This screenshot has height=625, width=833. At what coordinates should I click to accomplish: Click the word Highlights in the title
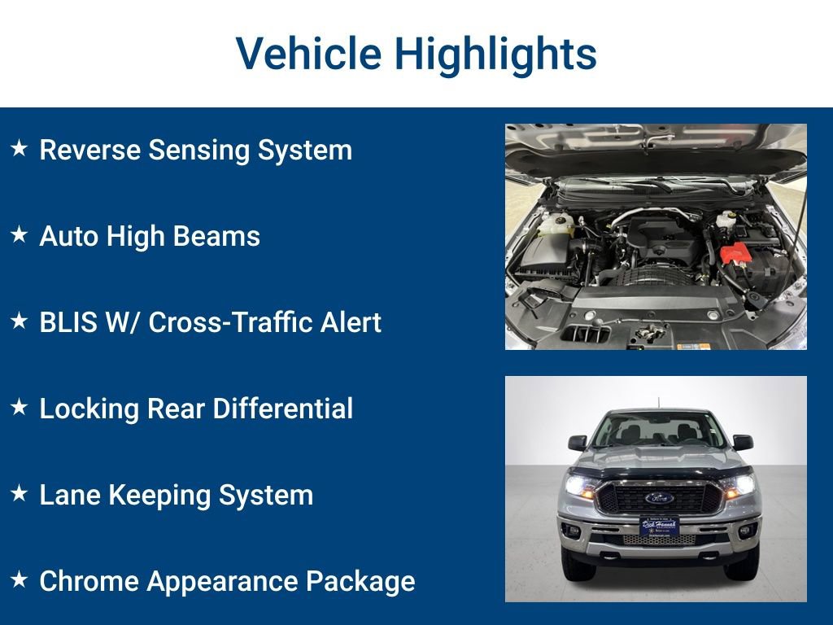[495, 55]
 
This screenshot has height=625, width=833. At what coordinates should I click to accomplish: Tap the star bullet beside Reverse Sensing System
[20, 149]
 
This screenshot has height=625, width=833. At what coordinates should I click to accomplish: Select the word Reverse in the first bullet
[89, 150]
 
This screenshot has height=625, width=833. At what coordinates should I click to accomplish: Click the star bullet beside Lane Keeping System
[20, 494]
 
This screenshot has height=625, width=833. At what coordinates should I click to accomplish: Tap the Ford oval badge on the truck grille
[658, 497]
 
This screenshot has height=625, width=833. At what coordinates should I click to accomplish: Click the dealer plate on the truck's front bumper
[658, 527]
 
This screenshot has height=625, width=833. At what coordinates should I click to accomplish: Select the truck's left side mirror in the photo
[577, 443]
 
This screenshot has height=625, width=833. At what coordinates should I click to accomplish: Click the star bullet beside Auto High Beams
[20, 235]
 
